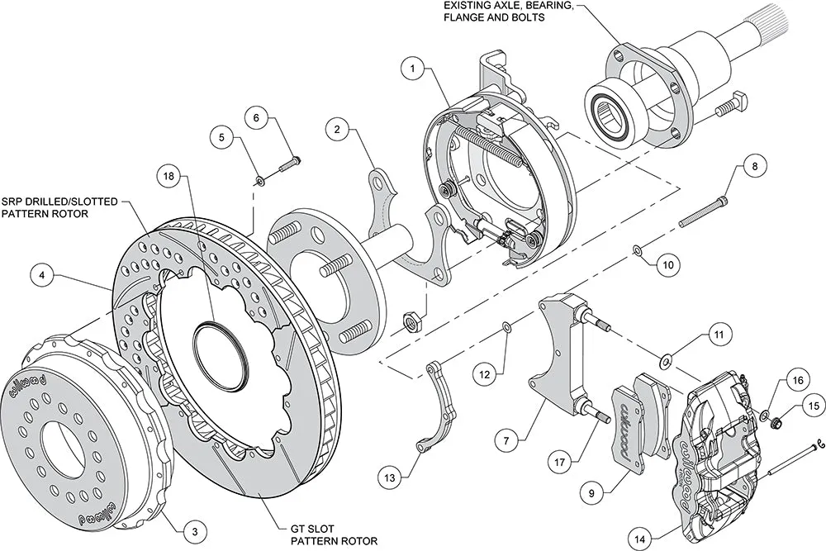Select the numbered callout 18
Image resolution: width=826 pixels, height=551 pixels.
[169, 177]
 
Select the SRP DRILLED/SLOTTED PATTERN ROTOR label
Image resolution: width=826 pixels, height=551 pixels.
[59, 207]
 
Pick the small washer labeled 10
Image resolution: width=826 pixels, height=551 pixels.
[637, 249]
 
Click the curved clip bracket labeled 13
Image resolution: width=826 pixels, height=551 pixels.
[439, 404]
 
